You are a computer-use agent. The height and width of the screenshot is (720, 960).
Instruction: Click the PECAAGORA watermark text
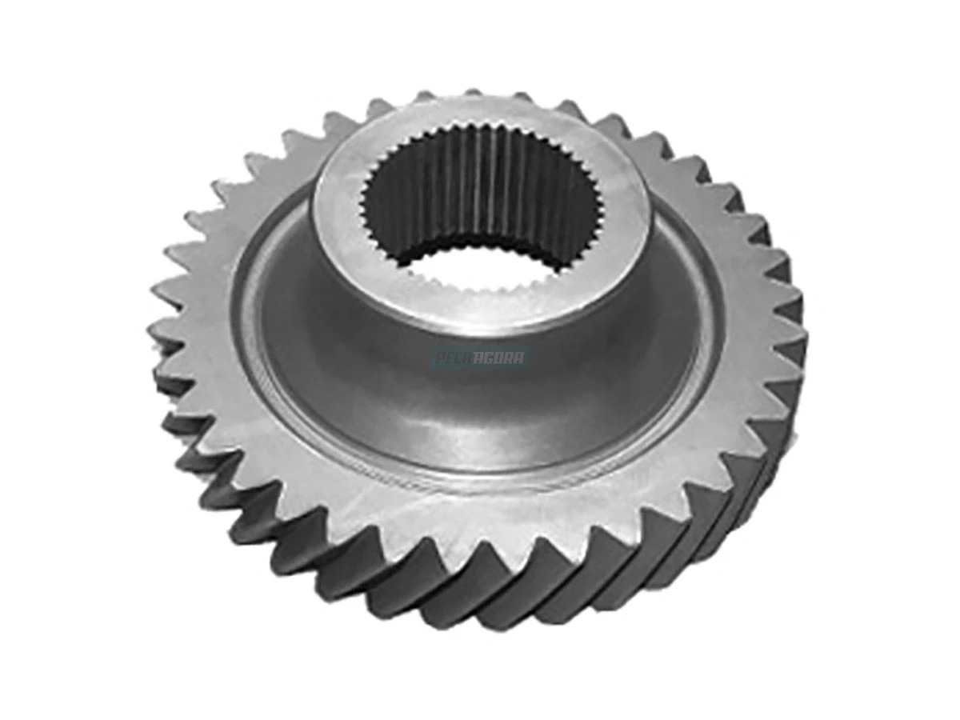point(480,358)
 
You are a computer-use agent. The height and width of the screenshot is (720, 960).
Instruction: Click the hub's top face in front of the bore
point(480,308)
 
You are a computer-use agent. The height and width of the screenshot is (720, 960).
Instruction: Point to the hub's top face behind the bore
point(480,116)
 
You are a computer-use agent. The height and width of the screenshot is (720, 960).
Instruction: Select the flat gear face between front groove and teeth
point(480,512)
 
